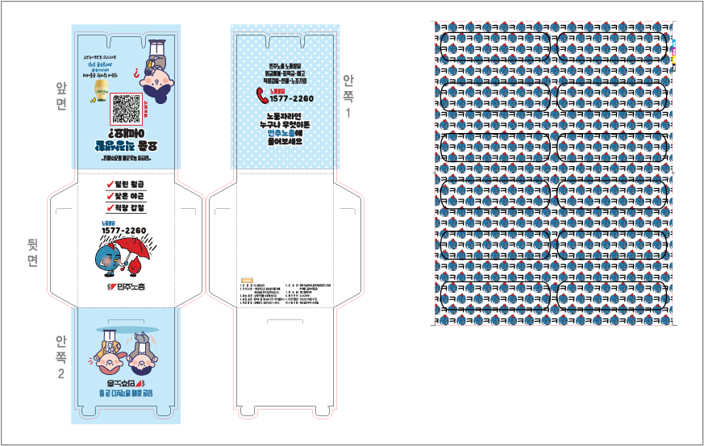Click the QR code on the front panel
[x=126, y=108]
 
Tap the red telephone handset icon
[x=262, y=95]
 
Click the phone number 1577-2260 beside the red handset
[x=292, y=98]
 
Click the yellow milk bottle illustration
[x=102, y=91]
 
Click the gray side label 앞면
[x=61, y=95]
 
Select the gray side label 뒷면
[x=32, y=251]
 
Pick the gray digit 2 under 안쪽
[x=61, y=374]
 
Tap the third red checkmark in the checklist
[x=110, y=208]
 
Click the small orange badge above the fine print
[x=247, y=278]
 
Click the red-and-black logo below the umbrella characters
[x=126, y=286]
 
